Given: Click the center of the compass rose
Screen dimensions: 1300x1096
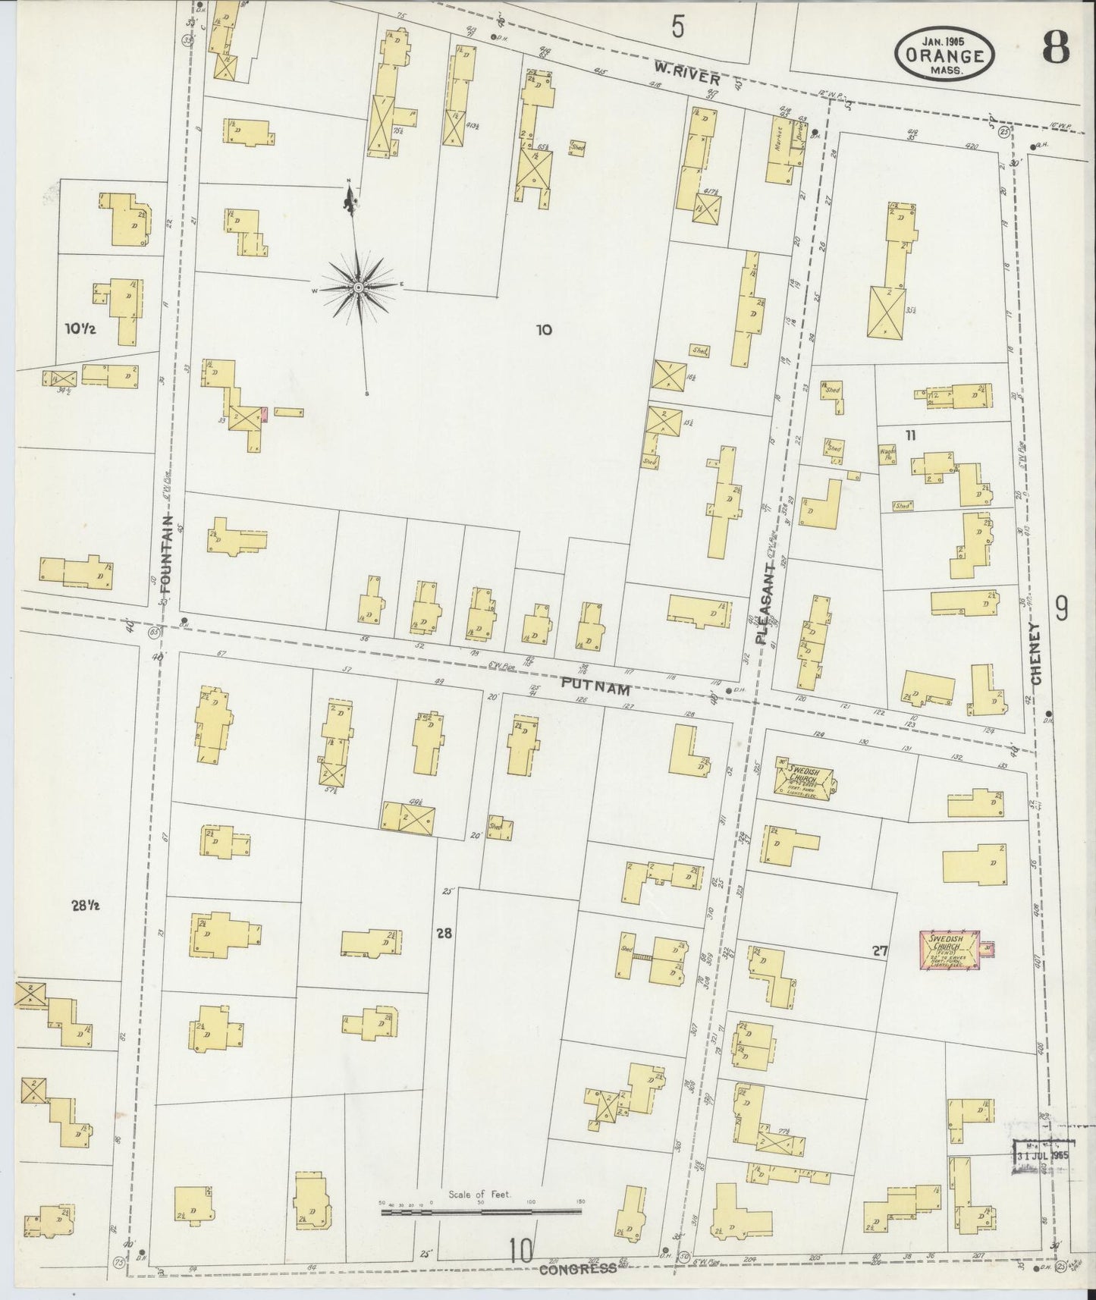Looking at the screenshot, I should [357, 287].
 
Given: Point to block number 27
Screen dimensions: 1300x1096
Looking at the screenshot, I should [879, 950].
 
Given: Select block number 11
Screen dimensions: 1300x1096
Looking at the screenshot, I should [910, 435].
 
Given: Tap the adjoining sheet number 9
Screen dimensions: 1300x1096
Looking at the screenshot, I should [1062, 608].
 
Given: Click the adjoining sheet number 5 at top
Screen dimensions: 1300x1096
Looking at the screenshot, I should [677, 27].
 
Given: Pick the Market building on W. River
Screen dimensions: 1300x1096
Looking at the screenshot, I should [780, 150].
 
